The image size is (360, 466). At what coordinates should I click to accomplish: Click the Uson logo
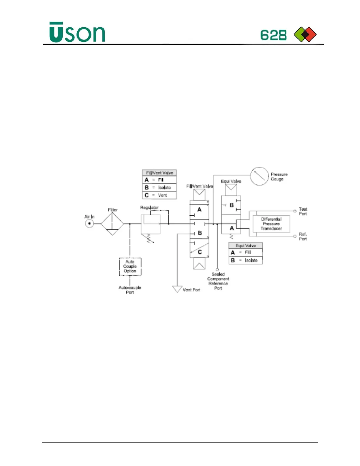(77, 32)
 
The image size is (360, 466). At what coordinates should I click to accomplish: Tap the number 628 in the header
(273, 35)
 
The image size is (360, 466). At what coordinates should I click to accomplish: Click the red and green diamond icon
(305, 34)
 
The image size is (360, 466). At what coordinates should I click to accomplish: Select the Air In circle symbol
(89, 224)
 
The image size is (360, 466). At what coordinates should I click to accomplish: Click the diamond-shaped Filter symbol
(112, 224)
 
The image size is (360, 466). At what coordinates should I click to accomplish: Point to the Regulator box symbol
(151, 224)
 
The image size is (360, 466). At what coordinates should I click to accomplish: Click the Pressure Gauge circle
(259, 176)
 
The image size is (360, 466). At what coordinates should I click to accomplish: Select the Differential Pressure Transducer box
(271, 224)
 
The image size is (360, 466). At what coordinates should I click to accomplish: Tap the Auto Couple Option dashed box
(130, 267)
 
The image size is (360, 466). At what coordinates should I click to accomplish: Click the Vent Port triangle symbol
(177, 289)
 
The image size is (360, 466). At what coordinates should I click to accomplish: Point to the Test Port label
(303, 212)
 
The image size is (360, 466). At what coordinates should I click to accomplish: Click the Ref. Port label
(303, 237)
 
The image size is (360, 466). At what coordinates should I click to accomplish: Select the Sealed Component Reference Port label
(218, 281)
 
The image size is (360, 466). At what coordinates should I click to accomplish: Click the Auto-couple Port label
(130, 290)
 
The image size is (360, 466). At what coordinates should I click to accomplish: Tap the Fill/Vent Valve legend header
(159, 173)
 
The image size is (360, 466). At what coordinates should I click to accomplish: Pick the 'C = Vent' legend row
(159, 195)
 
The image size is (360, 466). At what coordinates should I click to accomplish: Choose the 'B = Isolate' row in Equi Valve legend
(246, 260)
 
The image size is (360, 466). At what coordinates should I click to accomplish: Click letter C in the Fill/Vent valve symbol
(200, 252)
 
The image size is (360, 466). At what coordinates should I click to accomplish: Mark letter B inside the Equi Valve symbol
(231, 205)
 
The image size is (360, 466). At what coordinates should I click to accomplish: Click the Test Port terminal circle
(295, 211)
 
